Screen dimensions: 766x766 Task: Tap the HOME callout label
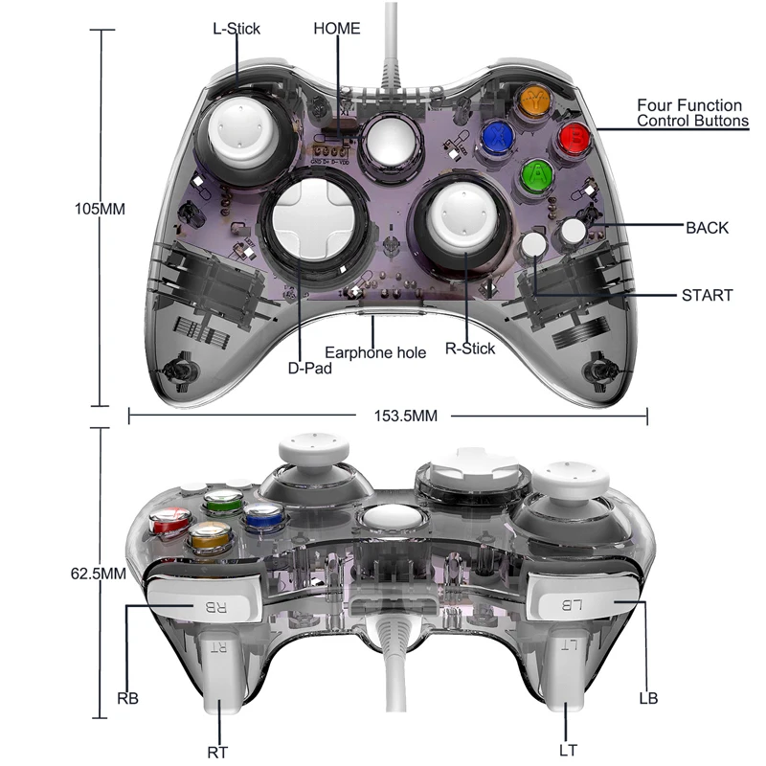337,28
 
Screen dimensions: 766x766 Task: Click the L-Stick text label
237,28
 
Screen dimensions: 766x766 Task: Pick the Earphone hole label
375,352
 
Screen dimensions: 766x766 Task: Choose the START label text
707,295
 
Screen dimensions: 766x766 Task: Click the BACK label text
707,228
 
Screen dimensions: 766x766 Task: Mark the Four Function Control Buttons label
689,113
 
